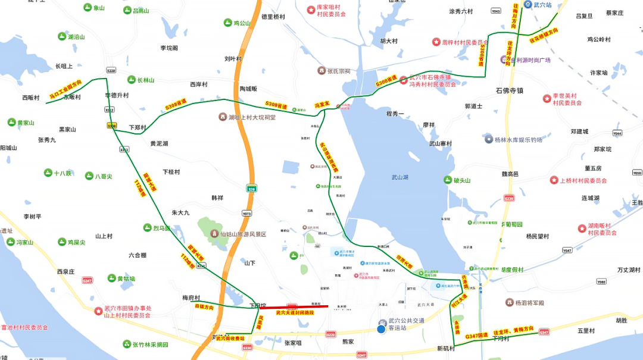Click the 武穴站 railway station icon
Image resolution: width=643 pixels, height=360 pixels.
coord(527,5)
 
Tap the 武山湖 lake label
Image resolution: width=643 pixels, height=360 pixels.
coord(399,177)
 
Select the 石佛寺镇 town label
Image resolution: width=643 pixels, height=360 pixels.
coord(509,91)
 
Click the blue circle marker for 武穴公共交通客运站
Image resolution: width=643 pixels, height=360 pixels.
coord(381,328)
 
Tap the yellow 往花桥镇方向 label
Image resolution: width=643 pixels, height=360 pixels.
coord(544,35)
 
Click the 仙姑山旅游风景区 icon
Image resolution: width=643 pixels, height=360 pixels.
coord(213,234)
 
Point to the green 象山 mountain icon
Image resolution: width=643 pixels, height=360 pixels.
coord(87,8)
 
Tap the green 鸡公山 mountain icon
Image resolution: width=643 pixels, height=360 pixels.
coord(227,23)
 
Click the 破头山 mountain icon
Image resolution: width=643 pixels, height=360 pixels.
coord(448,180)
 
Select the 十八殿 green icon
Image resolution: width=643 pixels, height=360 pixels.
coord(48,173)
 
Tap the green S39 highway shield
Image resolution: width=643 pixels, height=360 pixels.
coord(252,188)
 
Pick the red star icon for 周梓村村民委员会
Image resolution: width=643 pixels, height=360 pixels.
coord(436,42)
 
